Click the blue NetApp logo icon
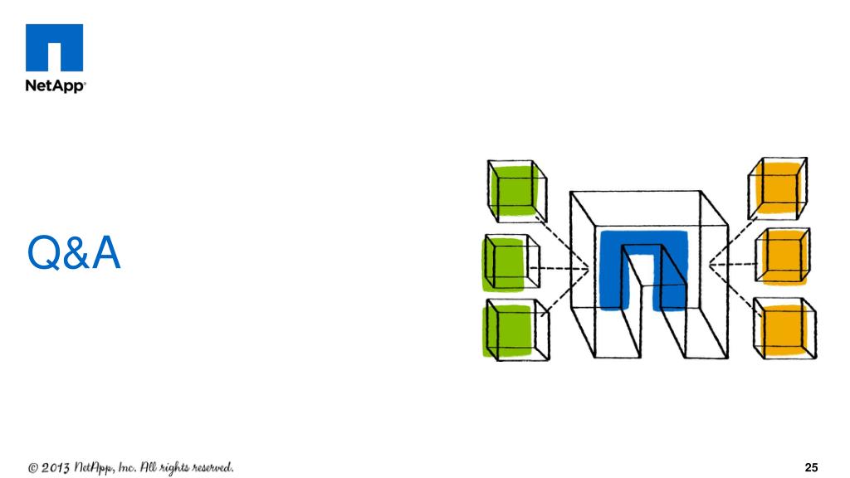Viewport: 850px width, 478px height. pos(55,48)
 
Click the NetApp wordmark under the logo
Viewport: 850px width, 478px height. pos(55,86)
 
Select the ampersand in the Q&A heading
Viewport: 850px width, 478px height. pos(75,255)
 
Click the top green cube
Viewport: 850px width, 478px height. pos(517,190)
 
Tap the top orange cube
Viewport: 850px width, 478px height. pos(778,188)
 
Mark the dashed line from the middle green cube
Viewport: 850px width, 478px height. pos(564,267)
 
